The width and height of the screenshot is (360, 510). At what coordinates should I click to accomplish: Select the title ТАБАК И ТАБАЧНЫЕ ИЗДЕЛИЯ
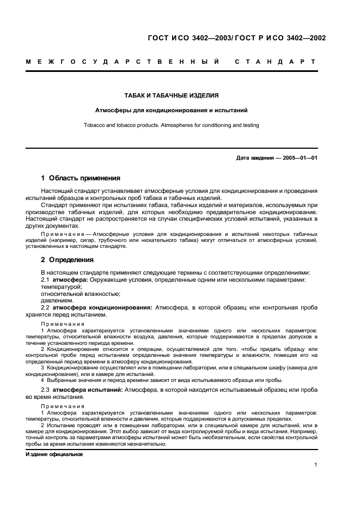tap(172, 95)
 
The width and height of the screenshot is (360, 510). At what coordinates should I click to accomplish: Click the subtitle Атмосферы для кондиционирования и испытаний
tap(172, 110)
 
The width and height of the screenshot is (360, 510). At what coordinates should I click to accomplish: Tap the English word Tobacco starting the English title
tap(95, 125)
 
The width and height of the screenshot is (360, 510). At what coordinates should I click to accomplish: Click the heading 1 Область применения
tap(81, 178)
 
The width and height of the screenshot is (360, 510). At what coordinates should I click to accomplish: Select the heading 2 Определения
tap(68, 260)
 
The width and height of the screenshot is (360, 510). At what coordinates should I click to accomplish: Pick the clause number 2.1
tap(46, 280)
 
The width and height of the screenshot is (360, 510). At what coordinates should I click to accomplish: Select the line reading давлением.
tap(57, 300)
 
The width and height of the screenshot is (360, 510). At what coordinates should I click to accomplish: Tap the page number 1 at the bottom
tap(316, 465)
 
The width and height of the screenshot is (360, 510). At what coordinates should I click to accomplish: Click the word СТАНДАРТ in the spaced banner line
tap(275, 62)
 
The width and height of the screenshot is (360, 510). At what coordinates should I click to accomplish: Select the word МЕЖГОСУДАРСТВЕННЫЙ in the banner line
tap(123, 62)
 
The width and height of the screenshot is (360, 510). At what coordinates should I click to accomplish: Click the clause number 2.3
tap(46, 390)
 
